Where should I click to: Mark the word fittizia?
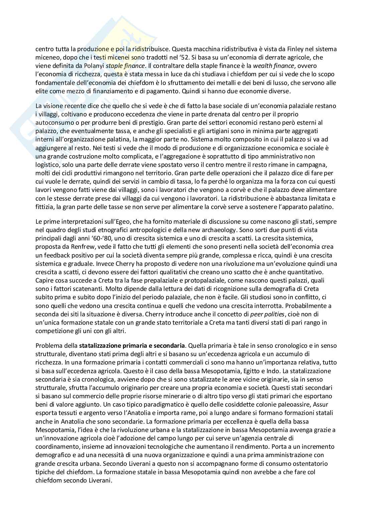pos(45,207)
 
